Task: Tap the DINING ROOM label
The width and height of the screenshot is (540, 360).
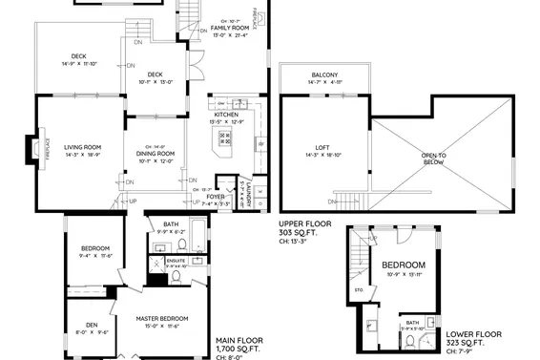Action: tap(154, 153)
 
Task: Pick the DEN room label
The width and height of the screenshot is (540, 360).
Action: tap(84, 326)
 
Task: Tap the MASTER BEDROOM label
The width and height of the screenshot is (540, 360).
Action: tap(160, 318)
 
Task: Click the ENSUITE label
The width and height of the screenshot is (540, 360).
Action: tap(175, 259)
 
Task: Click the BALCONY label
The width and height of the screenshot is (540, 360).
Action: tap(324, 76)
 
